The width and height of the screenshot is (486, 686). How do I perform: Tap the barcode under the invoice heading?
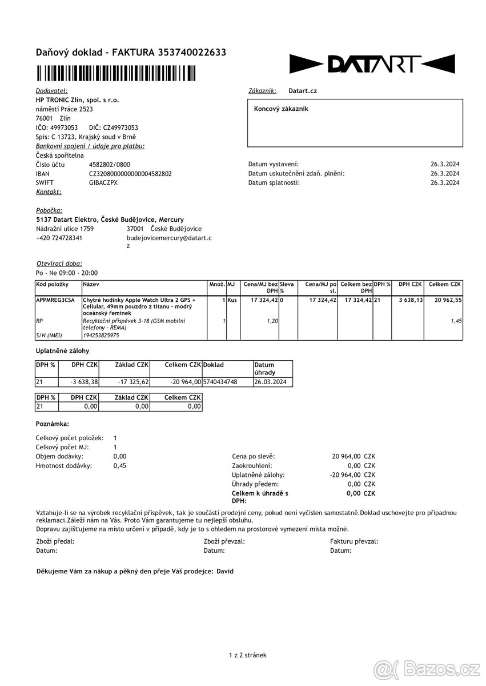click(x=116, y=73)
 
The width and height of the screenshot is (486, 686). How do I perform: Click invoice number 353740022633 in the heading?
click(x=184, y=53)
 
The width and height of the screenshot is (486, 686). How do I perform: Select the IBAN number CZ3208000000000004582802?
click(x=130, y=174)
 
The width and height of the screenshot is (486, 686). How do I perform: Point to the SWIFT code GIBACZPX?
click(x=103, y=183)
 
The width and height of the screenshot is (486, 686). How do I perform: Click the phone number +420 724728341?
click(x=59, y=238)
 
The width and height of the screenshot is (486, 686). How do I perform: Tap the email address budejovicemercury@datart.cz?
click(x=168, y=238)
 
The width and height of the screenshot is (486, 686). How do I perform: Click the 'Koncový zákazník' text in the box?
click(x=281, y=109)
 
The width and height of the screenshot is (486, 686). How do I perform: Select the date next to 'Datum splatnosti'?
click(x=445, y=183)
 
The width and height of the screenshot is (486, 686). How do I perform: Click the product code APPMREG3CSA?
click(x=55, y=300)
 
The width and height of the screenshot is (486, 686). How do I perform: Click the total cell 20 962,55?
click(x=448, y=300)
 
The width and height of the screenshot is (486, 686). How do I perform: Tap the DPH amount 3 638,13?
click(x=411, y=300)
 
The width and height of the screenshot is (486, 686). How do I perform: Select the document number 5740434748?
click(x=220, y=382)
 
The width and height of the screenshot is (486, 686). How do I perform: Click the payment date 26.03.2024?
click(x=271, y=382)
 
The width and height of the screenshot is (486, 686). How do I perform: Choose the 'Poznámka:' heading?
click(x=53, y=424)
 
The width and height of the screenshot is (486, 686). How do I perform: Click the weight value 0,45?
click(x=120, y=465)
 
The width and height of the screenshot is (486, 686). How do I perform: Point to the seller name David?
click(x=225, y=571)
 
